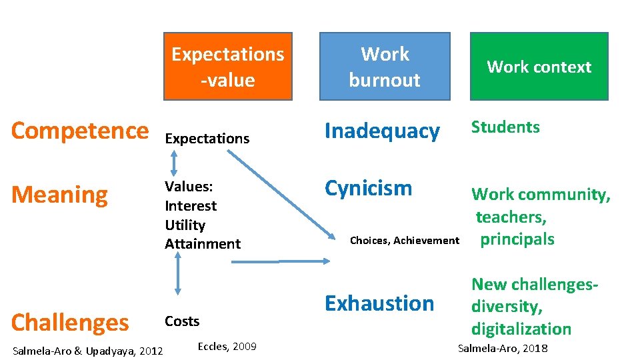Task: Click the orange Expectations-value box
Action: [x=228, y=67]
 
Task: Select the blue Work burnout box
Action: [x=385, y=67]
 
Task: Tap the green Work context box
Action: [x=539, y=67]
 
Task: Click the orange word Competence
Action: [x=80, y=131]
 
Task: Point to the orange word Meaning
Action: [x=59, y=195]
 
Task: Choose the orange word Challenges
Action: [x=70, y=323]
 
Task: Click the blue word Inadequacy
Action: [x=382, y=131]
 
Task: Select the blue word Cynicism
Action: [x=368, y=188]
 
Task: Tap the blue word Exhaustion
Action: [x=379, y=303]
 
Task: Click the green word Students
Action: [x=505, y=127]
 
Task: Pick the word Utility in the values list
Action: [x=185, y=225]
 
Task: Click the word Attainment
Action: [x=203, y=244]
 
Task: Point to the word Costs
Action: [x=182, y=321]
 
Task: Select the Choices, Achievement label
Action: [x=405, y=241]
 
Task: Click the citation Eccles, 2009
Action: [x=227, y=345]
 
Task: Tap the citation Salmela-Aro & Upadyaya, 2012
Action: [x=87, y=349]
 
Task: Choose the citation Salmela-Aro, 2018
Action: [x=502, y=348]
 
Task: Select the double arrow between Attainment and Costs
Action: [x=177, y=274]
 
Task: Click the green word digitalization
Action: [x=521, y=329]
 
